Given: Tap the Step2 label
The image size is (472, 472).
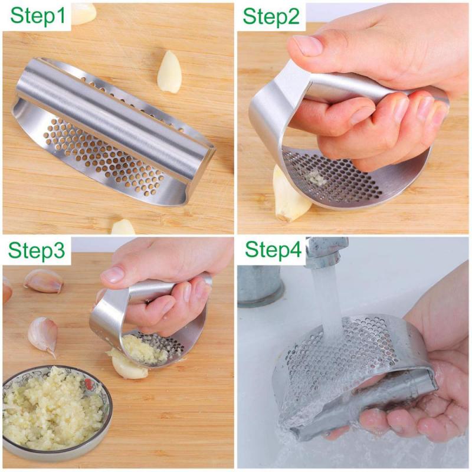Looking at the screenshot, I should (271, 17).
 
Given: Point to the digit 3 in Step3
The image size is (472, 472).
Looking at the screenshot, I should (58, 250).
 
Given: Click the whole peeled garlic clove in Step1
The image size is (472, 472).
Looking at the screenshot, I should (169, 71).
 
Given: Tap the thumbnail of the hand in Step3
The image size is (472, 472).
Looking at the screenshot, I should (113, 274).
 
